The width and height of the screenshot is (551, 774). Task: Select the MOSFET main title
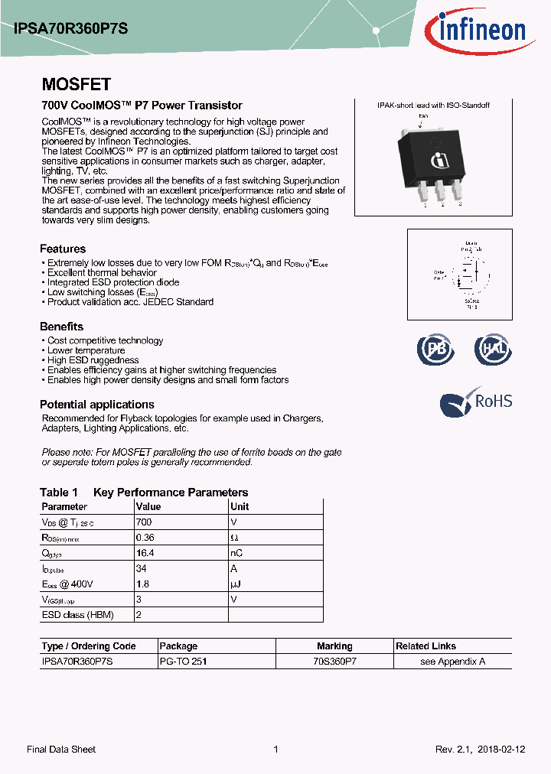point(76,84)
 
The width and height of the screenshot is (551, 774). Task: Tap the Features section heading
point(63,249)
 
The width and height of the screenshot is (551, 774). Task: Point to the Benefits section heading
point(61,327)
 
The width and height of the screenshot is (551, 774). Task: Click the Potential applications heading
point(97,405)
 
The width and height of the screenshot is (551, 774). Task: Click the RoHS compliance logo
point(476,402)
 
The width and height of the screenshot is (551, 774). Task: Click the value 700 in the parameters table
point(143,522)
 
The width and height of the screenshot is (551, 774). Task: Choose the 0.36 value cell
point(145,538)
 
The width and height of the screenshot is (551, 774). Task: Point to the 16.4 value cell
point(145,553)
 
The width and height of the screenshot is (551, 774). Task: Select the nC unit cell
point(237,553)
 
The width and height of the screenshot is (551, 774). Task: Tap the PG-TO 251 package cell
point(182,662)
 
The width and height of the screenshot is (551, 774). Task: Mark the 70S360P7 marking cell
point(334,662)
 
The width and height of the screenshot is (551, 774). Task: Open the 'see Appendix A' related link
point(452,662)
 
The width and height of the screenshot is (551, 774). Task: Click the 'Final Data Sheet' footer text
point(61,750)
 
